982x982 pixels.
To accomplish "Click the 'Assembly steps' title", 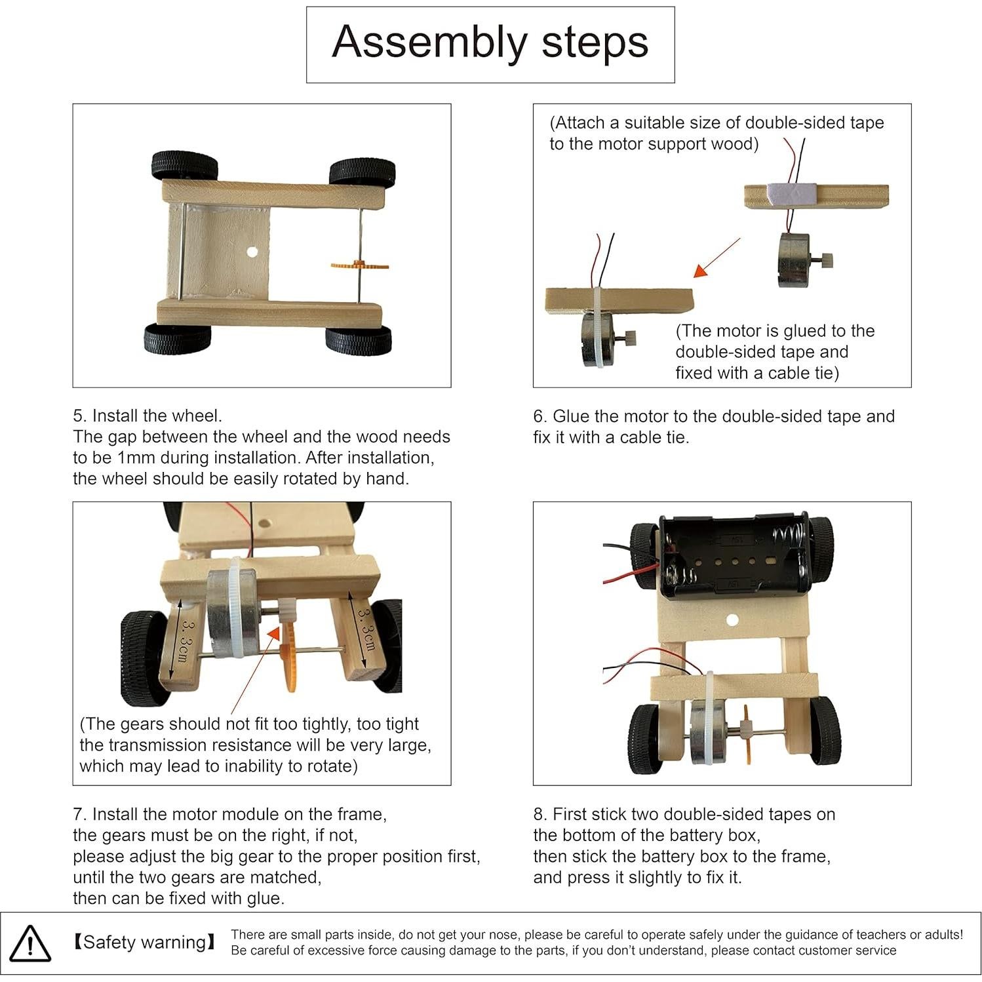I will (490, 43).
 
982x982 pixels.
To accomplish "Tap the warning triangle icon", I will (30, 944).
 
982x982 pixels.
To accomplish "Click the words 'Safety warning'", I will (144, 943).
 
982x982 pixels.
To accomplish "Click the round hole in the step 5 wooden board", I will (252, 252).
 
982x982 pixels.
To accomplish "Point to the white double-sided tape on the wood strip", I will (791, 195).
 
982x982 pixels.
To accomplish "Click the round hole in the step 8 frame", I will (732, 620).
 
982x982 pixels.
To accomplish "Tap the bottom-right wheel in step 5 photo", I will (358, 340).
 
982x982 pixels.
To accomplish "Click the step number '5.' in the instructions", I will (79, 416).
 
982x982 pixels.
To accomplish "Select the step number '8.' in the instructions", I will (540, 815).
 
